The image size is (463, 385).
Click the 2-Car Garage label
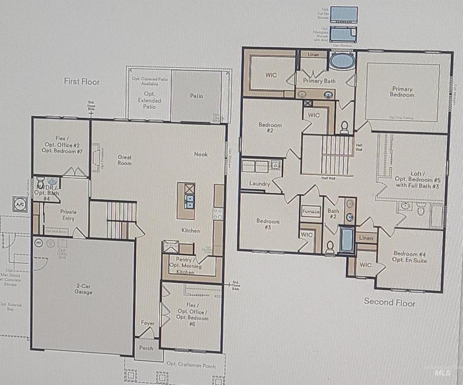(x=84, y=289)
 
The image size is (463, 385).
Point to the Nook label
(x=201, y=154)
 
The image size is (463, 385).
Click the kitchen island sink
(x=189, y=201)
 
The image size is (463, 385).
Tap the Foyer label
(x=147, y=323)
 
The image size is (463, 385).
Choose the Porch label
(x=146, y=348)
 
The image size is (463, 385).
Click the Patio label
(x=196, y=96)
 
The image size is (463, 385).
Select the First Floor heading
(x=81, y=81)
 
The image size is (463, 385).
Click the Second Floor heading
(x=389, y=302)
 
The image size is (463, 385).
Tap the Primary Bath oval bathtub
(x=342, y=61)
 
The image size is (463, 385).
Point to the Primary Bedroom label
(x=402, y=92)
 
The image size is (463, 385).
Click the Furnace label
(x=311, y=212)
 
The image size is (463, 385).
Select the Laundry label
(x=260, y=184)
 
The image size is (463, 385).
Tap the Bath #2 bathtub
(x=347, y=240)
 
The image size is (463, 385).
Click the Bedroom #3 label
(x=268, y=224)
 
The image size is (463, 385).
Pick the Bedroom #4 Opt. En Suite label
(x=410, y=257)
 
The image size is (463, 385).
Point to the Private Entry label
(x=68, y=215)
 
